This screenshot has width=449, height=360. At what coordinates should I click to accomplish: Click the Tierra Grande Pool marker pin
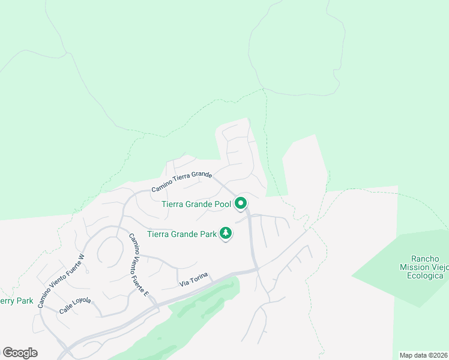(x=241, y=204)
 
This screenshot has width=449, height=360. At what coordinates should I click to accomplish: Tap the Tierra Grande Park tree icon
(x=226, y=233)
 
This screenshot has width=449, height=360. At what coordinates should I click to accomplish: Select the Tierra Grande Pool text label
(x=196, y=204)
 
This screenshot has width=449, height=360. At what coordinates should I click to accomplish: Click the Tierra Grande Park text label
(x=181, y=235)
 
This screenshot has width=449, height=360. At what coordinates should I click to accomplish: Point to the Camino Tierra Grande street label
(x=181, y=182)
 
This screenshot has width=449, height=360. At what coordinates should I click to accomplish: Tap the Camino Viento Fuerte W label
(x=62, y=281)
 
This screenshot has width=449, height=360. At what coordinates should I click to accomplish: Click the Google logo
(x=20, y=353)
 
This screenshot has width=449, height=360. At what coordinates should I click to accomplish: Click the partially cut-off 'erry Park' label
(x=16, y=301)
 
